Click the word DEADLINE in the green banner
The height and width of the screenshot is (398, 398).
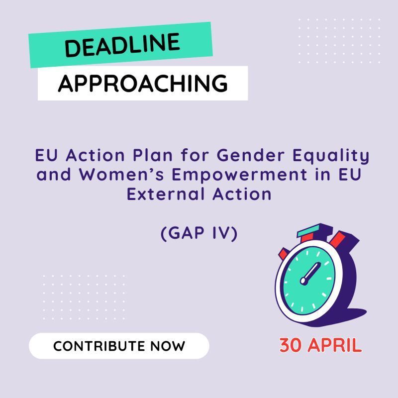point(121,46)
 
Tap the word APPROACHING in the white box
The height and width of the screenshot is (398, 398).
point(143,83)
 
